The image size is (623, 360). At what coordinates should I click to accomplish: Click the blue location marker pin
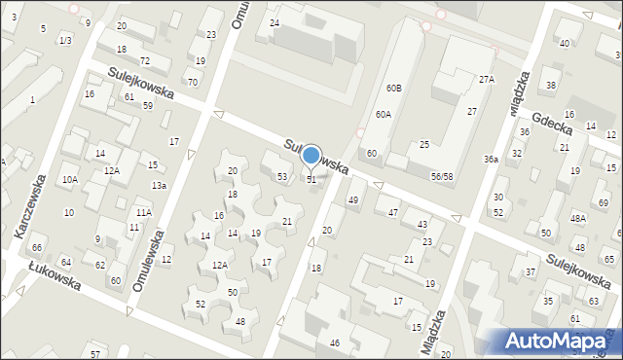click(311, 156)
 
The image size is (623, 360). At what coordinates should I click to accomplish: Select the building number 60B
click(393, 89)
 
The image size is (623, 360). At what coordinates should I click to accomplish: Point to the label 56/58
click(441, 176)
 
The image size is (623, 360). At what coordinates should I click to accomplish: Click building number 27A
click(486, 80)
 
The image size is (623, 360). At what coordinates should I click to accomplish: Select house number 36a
click(492, 159)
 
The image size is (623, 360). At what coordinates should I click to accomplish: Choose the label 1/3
click(64, 40)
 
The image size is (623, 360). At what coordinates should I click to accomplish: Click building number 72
click(144, 61)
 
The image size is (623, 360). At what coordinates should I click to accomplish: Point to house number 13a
click(158, 185)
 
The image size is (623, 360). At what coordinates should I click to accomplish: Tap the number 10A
click(69, 180)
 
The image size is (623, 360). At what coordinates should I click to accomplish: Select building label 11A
click(143, 212)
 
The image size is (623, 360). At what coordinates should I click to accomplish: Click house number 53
click(282, 177)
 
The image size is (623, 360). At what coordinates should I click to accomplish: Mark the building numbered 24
click(275, 22)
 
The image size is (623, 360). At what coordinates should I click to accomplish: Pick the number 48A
click(577, 219)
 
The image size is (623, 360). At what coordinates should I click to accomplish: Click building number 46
click(334, 343)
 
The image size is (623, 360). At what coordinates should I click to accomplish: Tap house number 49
click(352, 200)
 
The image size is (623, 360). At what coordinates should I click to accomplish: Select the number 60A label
click(384, 114)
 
